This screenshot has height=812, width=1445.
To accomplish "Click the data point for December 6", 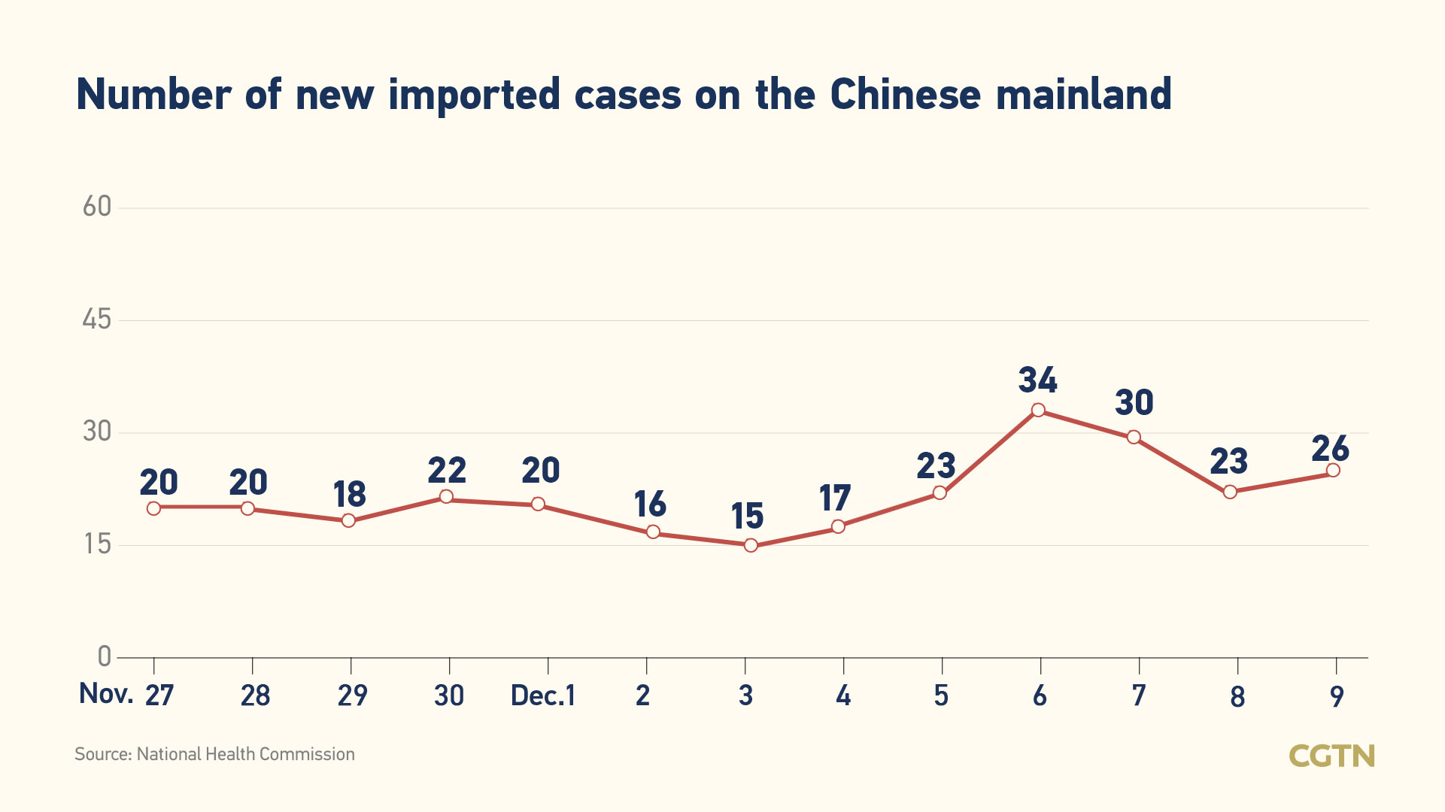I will (1038, 410).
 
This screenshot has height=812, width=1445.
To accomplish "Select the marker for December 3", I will (751, 545).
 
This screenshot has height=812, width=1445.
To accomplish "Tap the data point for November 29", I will (348, 520).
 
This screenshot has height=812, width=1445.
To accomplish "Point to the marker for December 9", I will (1333, 470).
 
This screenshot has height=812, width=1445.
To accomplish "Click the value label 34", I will (1038, 380).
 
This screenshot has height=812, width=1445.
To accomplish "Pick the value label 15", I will (747, 517).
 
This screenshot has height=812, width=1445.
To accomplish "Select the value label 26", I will (1330, 449).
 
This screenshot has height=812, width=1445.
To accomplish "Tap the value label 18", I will (350, 495).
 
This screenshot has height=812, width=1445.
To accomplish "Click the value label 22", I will (447, 471).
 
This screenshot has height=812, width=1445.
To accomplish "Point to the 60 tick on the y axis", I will (97, 207).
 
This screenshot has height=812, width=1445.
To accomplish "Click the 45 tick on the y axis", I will (97, 320).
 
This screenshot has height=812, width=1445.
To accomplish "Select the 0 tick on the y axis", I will (105, 656).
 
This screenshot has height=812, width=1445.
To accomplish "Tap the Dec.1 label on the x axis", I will (542, 695).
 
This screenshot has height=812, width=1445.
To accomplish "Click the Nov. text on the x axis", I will (106, 693).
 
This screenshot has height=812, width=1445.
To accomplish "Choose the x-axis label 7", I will (1139, 695).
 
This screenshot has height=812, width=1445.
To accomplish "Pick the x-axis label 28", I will (255, 695).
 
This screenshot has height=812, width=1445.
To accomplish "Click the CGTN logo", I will (1331, 756).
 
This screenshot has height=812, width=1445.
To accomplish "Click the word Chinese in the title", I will (905, 95).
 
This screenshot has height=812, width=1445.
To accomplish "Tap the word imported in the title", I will (474, 95).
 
